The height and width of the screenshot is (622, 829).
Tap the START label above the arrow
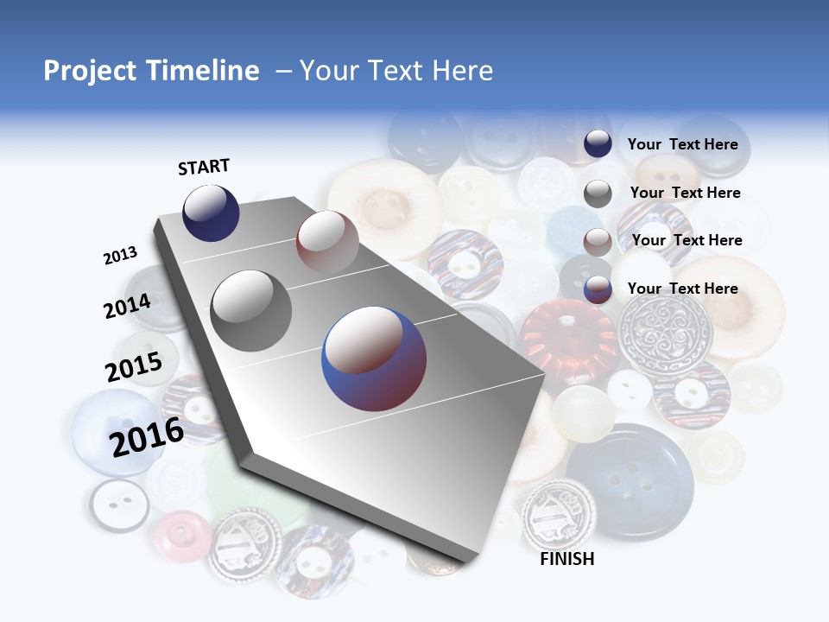(204, 167)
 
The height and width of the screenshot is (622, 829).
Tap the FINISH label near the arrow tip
(566, 559)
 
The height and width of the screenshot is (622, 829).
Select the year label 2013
(120, 255)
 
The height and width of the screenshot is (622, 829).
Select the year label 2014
(127, 306)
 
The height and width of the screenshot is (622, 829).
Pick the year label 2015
(134, 366)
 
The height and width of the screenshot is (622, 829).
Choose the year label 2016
(147, 436)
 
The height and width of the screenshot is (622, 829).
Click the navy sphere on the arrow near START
(211, 213)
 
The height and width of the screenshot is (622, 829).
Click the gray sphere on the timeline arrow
(251, 311)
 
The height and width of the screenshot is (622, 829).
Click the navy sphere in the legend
(598, 144)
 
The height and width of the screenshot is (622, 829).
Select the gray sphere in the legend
(598, 194)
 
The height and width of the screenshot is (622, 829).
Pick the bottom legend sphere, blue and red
(598, 289)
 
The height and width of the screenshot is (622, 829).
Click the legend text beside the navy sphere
(682, 144)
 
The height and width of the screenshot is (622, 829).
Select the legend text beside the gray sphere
(685, 193)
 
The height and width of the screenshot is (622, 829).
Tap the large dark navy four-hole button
(630, 480)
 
